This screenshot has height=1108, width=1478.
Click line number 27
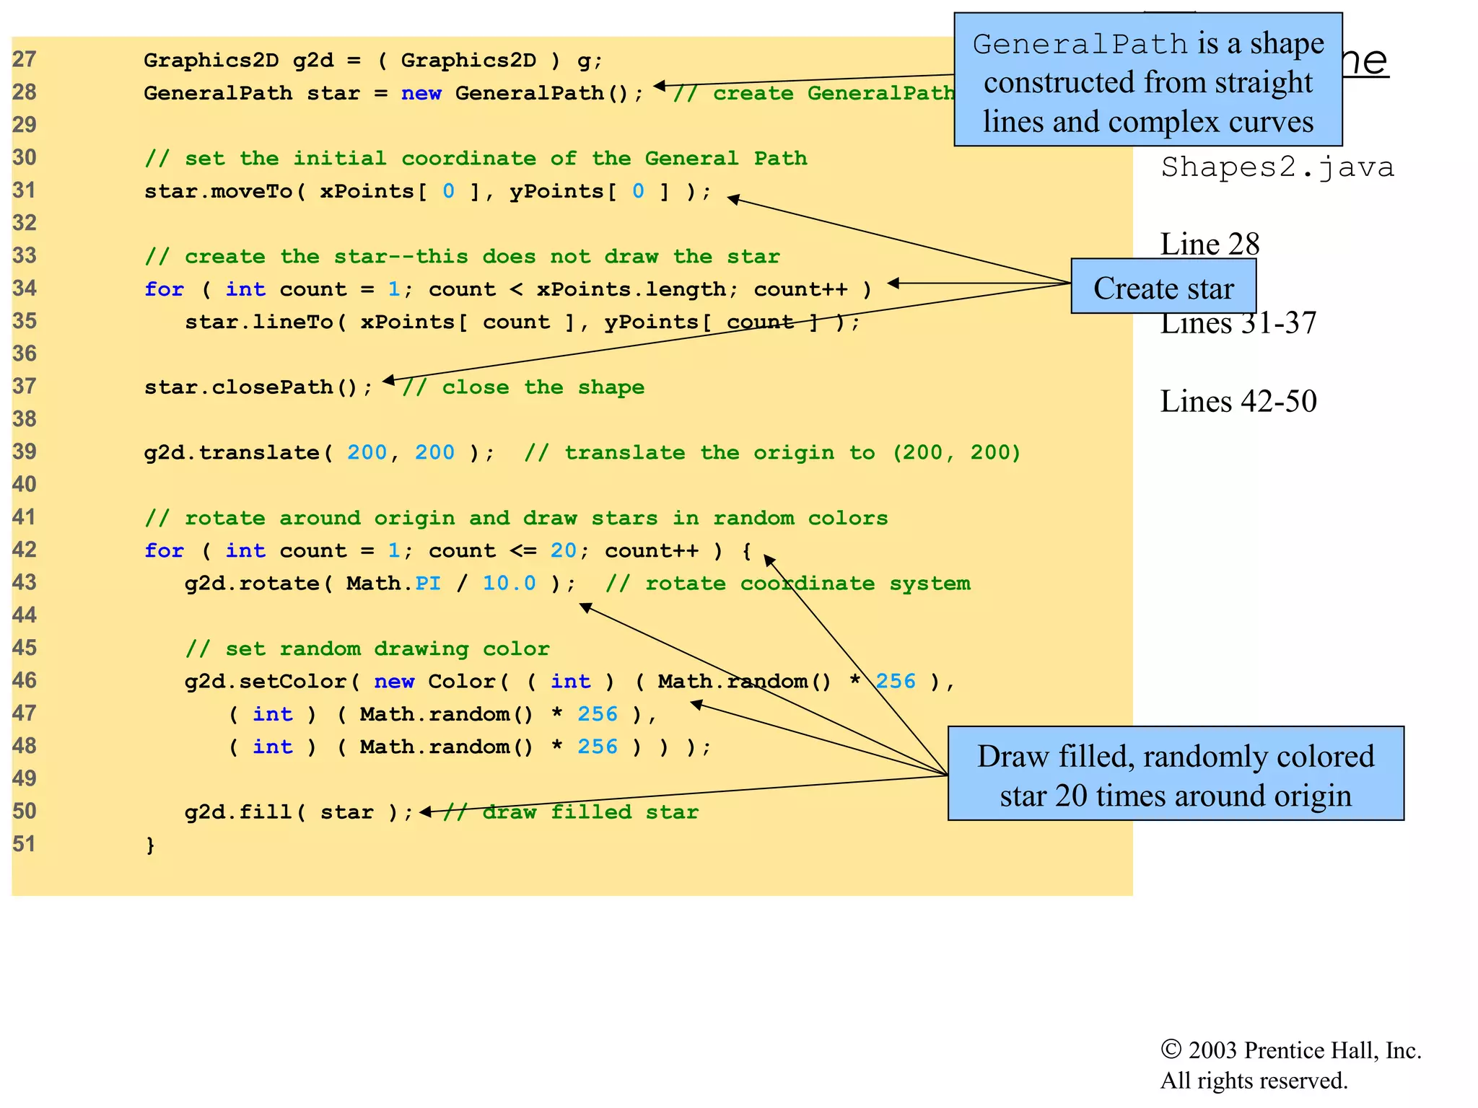(x=24, y=59)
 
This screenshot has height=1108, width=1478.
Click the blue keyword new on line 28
(x=421, y=93)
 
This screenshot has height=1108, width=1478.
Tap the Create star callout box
(x=1163, y=287)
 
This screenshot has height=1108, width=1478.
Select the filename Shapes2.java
(x=1277, y=167)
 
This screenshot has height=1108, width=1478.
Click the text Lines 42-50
(x=1238, y=401)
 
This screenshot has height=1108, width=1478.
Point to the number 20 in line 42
(x=563, y=551)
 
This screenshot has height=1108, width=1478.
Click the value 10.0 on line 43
(x=509, y=584)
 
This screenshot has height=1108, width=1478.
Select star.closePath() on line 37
(x=258, y=387)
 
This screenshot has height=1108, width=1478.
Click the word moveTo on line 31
(x=252, y=191)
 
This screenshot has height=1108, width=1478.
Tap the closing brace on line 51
(x=150, y=845)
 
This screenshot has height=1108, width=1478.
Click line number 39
(x=24, y=452)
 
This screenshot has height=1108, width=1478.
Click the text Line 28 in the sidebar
(x=1210, y=244)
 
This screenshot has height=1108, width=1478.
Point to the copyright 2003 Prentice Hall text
(x=1290, y=1050)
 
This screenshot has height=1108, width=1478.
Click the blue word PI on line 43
(x=428, y=584)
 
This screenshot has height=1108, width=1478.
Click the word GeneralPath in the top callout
(x=1080, y=45)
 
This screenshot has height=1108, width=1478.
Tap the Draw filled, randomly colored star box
(x=1175, y=773)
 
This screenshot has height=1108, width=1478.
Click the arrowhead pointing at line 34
(x=893, y=283)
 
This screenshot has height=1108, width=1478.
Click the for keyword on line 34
(x=164, y=289)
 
